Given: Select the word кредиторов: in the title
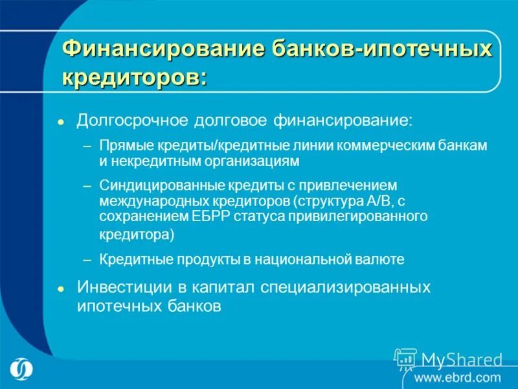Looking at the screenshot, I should tap(135, 77).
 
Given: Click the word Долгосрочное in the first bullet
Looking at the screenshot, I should tap(126, 121).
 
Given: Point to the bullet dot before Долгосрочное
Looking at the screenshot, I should tap(60, 123).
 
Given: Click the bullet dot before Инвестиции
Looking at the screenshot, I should tap(60, 287).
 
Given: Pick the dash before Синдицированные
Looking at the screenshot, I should tap(87, 185).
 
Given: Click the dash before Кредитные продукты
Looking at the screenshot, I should tap(87, 259).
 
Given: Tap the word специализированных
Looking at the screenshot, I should tap(348, 287).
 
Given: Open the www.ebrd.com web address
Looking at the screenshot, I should tap(458, 377).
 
